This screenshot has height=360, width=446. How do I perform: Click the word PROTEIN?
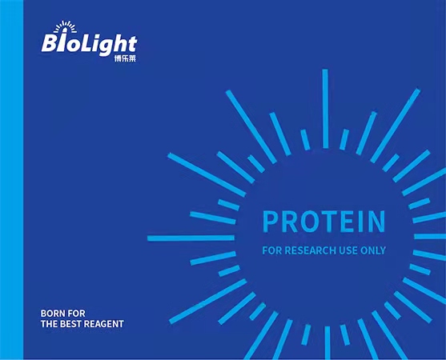(323, 221)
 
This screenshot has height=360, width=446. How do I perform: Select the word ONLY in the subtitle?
(373, 250)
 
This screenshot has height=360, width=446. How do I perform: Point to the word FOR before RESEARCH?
(272, 250)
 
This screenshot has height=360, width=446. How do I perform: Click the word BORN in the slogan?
(50, 314)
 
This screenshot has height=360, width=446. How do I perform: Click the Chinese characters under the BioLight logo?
(125, 58)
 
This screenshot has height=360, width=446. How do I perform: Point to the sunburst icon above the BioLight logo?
(65, 26)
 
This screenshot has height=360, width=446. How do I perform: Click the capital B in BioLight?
(50, 43)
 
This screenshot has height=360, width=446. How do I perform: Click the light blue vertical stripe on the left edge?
(12, 180)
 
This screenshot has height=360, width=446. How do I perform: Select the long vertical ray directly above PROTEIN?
(325, 109)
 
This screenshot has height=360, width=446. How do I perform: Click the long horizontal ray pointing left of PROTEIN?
(191, 238)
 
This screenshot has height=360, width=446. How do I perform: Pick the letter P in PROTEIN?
(270, 222)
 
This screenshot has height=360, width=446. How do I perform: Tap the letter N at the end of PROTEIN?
(377, 222)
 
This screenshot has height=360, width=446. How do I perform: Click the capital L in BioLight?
(86, 43)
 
